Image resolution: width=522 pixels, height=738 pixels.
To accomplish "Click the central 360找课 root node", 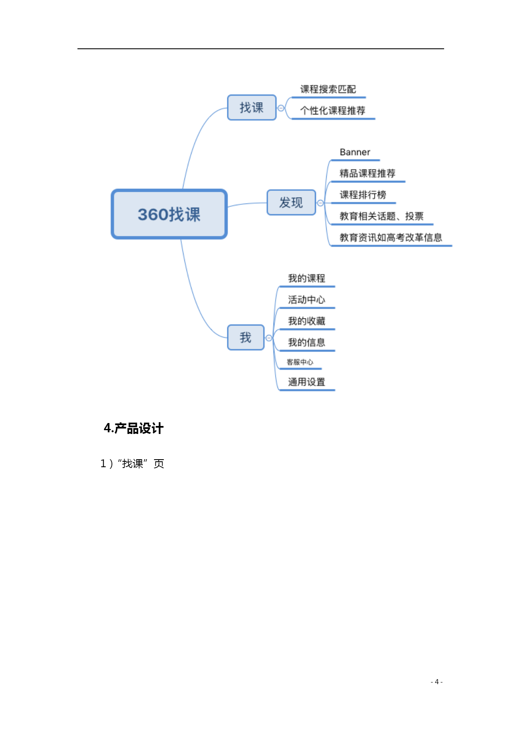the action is [169, 214].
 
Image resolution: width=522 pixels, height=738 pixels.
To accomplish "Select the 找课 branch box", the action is [252, 108].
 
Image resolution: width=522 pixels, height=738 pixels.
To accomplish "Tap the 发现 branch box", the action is [291, 203].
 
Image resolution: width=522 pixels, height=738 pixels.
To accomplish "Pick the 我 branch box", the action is [246, 337].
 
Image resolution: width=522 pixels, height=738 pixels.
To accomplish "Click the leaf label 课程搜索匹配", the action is [328, 89].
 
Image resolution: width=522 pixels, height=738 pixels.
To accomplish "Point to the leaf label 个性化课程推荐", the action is [333, 111].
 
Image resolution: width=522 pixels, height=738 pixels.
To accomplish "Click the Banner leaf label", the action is [355, 152].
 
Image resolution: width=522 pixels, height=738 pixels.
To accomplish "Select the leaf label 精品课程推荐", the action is [368, 173].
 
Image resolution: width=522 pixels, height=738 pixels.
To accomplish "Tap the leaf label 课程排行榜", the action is [363, 195].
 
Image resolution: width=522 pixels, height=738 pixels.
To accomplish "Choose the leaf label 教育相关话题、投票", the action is [381, 216].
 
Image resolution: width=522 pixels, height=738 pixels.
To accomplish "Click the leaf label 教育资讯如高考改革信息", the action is [391, 238].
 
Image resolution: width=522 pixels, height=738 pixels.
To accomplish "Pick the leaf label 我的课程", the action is [306, 278].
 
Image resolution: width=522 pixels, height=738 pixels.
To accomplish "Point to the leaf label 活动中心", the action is [306, 300].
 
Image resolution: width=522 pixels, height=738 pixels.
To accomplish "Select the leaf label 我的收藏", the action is [306, 321].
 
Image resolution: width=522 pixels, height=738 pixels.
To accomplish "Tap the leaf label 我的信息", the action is [306, 343].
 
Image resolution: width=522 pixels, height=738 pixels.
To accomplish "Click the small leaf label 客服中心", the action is [300, 362].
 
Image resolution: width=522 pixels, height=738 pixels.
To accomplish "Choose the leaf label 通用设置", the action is [306, 382].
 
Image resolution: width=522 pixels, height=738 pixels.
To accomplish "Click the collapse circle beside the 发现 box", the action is [320, 203].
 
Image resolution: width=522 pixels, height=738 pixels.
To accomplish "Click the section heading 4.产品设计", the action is [133, 429].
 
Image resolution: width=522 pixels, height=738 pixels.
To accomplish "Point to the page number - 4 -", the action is [437, 682].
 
